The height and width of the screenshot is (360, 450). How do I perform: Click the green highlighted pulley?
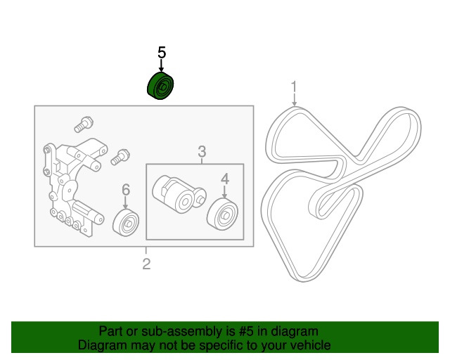click(x=160, y=86)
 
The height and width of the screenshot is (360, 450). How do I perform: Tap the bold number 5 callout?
click(x=162, y=53)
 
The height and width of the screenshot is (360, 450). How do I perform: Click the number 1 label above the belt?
click(x=294, y=87)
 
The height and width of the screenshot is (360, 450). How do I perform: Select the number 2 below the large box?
click(x=146, y=264)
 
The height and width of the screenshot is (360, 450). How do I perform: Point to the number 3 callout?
click(x=202, y=151)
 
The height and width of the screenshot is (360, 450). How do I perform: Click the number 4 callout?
click(x=225, y=179)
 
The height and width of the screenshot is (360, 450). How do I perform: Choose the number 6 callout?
click(x=126, y=190)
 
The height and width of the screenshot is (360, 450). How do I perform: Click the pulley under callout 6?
click(x=126, y=223)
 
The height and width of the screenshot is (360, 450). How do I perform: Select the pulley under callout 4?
click(x=222, y=214)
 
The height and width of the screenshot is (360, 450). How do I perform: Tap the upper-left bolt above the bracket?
click(x=84, y=124)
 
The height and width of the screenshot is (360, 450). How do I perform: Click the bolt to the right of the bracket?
click(x=120, y=157)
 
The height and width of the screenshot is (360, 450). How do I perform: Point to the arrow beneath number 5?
click(x=161, y=65)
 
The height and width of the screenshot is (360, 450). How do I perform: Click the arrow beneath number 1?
click(x=294, y=100)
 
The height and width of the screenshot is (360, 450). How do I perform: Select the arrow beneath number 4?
click(x=225, y=192)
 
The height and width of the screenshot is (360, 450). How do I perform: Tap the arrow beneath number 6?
click(x=125, y=202)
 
